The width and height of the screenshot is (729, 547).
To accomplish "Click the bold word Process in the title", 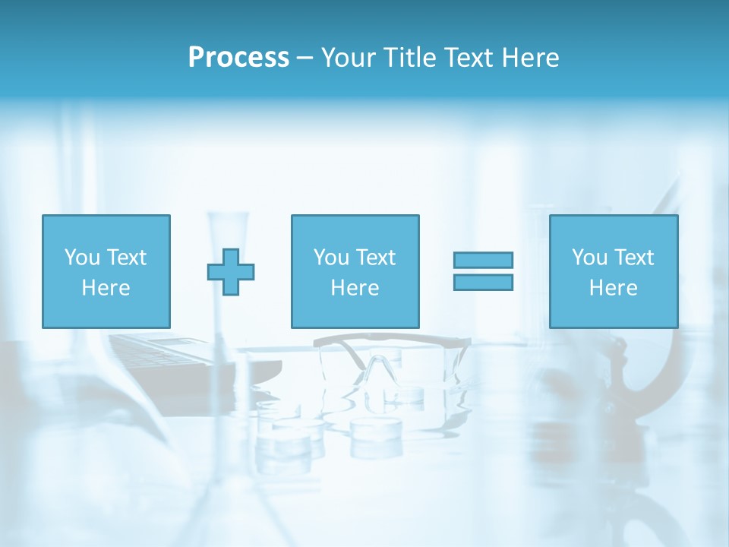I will (238, 58).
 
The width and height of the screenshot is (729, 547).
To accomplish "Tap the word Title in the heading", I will (411, 58).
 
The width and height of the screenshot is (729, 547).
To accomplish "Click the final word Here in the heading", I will (532, 58).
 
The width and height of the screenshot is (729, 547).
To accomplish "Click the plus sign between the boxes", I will (231, 272).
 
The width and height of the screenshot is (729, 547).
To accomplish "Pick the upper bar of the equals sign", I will (483, 260).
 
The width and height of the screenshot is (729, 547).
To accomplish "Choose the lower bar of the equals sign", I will (483, 282).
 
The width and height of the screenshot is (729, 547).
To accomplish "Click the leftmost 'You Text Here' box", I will (106, 271).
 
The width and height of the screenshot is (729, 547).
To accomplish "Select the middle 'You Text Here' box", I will (355, 271).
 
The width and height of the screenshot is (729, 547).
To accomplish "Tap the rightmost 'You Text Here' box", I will (614, 271).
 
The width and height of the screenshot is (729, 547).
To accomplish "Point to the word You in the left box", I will (82, 258).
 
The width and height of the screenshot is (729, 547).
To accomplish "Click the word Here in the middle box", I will (355, 288).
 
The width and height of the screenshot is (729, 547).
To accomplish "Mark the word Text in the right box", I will (633, 258).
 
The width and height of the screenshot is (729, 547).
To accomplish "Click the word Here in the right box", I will (614, 288).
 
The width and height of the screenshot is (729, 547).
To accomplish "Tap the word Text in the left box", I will (126, 258).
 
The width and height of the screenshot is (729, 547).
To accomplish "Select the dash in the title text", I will (305, 58).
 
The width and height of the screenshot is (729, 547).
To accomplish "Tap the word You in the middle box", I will (331, 258).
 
